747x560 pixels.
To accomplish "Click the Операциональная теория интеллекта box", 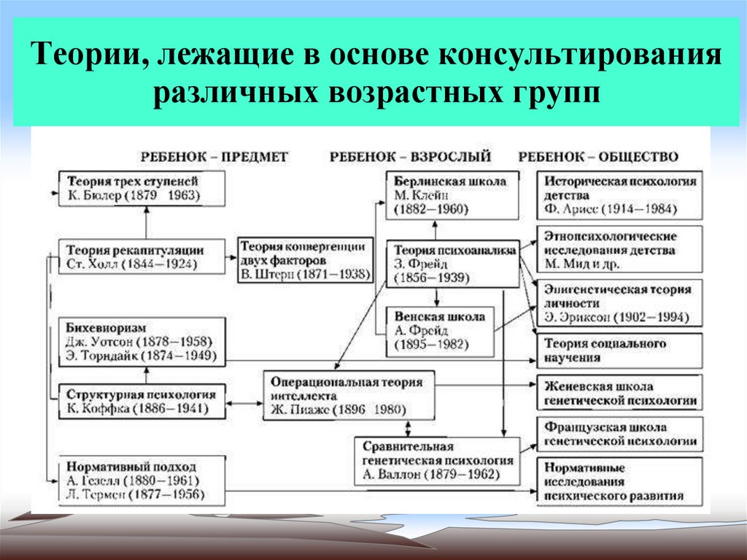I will click(349, 394).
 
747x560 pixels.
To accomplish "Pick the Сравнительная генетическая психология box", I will click(436, 461).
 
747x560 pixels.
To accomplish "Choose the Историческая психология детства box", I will click(619, 195).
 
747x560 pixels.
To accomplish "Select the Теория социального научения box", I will click(619, 350).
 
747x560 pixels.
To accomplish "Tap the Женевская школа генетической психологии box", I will click(619, 394).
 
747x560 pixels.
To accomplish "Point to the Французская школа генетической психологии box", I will click(619, 434).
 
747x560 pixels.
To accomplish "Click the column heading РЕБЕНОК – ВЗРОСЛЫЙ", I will click(410, 156).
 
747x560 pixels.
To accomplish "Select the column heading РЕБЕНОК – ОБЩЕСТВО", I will click(597, 156).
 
